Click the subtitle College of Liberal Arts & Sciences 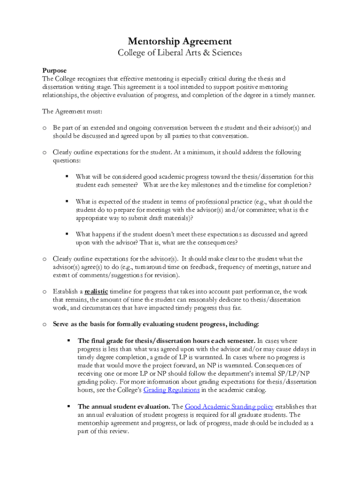click(x=180, y=53)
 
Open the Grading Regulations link click(x=172, y=390)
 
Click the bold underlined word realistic click(x=96, y=291)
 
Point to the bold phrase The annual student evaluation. click(x=123, y=406)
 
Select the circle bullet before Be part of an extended click(x=44, y=128)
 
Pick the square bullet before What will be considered click(x=67, y=176)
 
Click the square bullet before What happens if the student click(x=67, y=234)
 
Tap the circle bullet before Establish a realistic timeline click(x=44, y=291)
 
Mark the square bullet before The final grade click(x=67, y=341)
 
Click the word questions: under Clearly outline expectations click(x=67, y=160)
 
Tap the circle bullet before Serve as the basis click(x=44, y=324)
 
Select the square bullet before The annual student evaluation click(x=67, y=406)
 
